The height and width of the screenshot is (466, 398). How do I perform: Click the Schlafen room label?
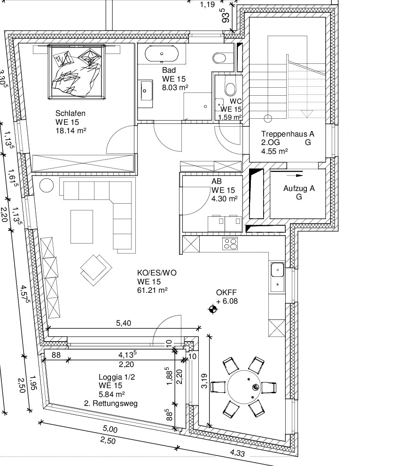[x=70, y=113]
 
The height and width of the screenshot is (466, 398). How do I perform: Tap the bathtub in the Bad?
[x=162, y=54]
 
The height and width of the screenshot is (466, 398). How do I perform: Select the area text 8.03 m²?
[x=175, y=87]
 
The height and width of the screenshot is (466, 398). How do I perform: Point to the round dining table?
[x=244, y=387]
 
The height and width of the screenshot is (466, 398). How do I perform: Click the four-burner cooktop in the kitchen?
[x=230, y=244]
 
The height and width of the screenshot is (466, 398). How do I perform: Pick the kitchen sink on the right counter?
[x=277, y=277]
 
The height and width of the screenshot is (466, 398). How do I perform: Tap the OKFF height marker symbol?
[x=212, y=309]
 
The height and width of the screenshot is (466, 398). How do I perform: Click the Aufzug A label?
[x=299, y=189]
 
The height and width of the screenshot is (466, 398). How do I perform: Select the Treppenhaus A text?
[x=288, y=134]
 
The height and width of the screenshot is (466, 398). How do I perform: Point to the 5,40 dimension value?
[x=124, y=323]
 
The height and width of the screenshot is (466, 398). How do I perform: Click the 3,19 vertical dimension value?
[x=204, y=381]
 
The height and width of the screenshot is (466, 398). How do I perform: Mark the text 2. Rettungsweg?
[x=111, y=403]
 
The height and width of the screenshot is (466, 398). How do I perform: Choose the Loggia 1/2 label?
[x=117, y=377]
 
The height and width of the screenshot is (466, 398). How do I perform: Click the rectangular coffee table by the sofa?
[x=82, y=227]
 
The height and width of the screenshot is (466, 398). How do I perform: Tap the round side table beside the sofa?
[x=47, y=185]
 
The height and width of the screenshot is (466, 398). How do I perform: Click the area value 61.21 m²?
[x=152, y=290]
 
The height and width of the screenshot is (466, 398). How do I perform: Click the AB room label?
[x=217, y=181]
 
